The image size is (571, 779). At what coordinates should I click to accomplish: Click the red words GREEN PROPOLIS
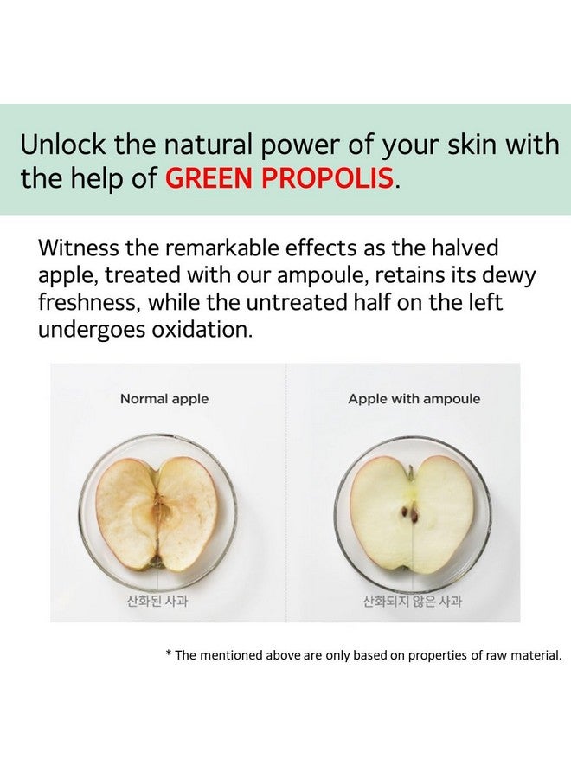pyautogui.click(x=279, y=179)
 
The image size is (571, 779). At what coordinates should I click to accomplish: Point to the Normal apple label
pyautogui.click(x=164, y=399)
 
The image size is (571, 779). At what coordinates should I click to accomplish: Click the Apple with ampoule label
pyautogui.click(x=414, y=399)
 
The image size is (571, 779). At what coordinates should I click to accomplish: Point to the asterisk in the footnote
pyautogui.click(x=168, y=656)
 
